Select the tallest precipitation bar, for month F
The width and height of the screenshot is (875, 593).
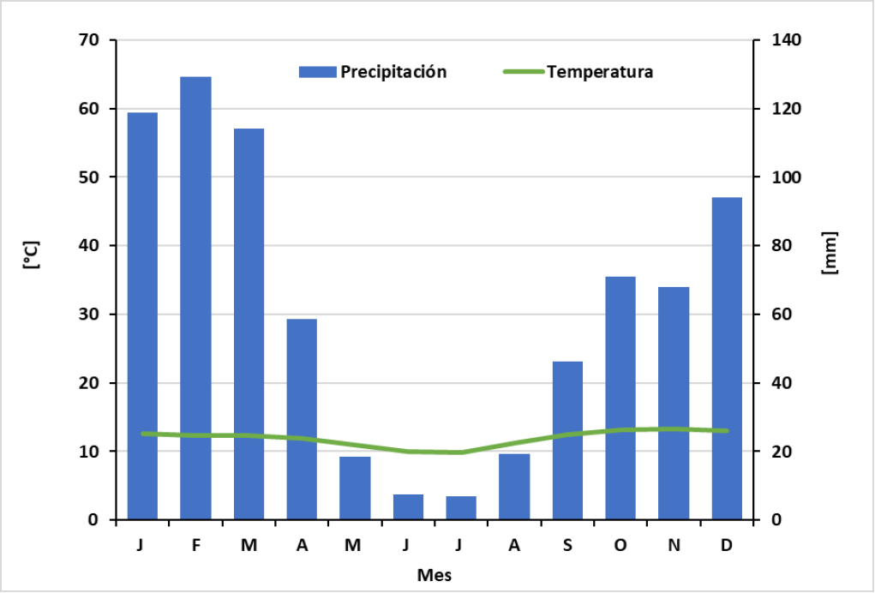(x=195, y=298)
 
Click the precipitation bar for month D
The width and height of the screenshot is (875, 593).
(x=727, y=358)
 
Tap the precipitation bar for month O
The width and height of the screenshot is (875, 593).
(x=620, y=398)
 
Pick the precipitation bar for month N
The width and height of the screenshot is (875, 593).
(x=674, y=403)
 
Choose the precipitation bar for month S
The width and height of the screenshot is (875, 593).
(x=567, y=440)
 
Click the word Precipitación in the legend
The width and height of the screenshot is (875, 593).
(x=393, y=72)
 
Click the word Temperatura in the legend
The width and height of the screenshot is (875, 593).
(x=600, y=72)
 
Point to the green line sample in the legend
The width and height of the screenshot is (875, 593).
(x=522, y=72)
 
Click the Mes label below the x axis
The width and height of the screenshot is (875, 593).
(x=434, y=574)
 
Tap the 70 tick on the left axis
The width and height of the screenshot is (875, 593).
(x=89, y=40)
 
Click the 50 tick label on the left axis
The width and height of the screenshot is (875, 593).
(x=89, y=177)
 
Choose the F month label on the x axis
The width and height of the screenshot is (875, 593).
(x=195, y=546)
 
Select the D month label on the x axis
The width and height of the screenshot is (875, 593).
(x=727, y=546)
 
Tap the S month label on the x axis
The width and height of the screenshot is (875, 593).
(x=567, y=546)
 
